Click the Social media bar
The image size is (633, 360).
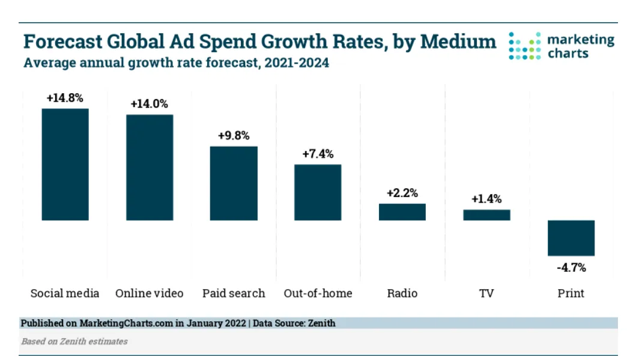[65, 165]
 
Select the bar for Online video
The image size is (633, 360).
[150, 167]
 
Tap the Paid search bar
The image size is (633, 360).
[234, 183]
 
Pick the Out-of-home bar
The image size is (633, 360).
[318, 192]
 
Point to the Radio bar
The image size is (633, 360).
[402, 212]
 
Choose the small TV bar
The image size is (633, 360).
[486, 215]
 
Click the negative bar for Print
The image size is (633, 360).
[571, 238]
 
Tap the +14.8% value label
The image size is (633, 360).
[65, 98]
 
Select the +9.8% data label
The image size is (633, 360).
[234, 135]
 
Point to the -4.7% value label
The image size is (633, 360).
[571, 267]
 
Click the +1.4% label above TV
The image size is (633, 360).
[487, 199]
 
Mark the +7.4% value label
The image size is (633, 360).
[318, 154]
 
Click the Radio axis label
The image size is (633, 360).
[402, 293]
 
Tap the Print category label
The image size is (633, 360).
[571, 293]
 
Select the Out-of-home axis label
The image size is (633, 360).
[318, 293]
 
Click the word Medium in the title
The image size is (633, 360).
[458, 41]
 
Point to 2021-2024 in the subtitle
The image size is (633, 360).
[297, 63]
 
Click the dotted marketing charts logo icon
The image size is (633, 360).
[525, 46]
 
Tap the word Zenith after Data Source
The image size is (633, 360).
[322, 323]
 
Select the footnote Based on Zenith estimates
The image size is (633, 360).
[74, 341]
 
